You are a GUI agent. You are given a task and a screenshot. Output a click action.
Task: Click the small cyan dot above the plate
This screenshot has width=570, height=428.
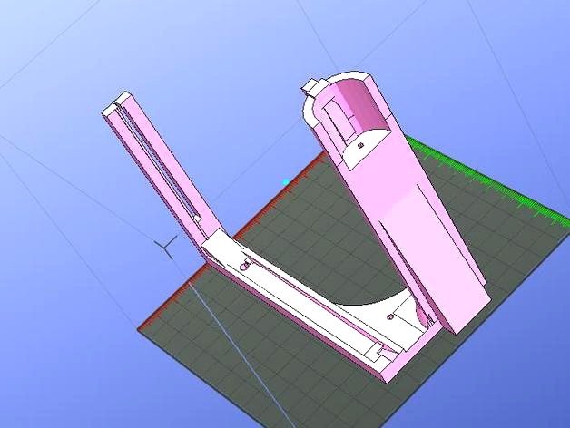tap(287, 181)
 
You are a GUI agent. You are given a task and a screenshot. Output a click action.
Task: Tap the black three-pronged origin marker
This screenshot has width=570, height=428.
tap(166, 246)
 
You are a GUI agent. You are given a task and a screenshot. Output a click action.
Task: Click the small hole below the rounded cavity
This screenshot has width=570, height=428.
tap(359, 144)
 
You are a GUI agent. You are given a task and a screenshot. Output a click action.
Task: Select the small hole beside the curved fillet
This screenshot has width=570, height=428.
tap(389, 317)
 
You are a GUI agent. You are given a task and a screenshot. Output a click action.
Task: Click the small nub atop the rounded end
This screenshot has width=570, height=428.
tap(313, 86)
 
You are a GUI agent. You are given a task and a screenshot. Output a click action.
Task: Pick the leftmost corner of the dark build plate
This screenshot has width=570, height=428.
tap(141, 328)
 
